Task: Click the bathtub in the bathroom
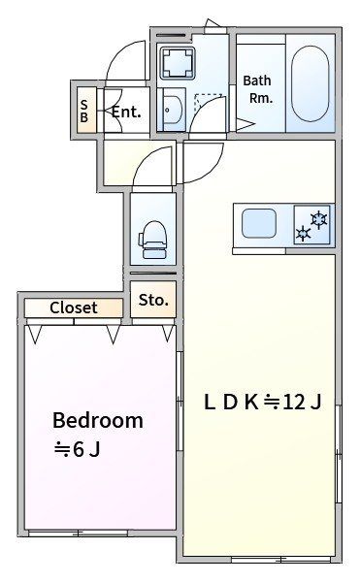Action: click(x=310, y=83)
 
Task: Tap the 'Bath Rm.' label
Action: click(x=257, y=89)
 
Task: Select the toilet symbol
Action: click(x=152, y=239)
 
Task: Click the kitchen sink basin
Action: click(x=259, y=223)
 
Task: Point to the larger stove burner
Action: click(x=318, y=219)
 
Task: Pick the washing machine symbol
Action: click(x=178, y=63)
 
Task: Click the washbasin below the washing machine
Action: click(x=173, y=110)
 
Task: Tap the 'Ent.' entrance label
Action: click(x=126, y=112)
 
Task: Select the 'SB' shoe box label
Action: click(x=84, y=111)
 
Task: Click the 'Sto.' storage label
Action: click(x=153, y=300)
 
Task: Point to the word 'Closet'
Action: click(x=74, y=307)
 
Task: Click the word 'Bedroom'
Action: click(x=98, y=421)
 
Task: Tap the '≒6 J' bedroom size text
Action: click(x=78, y=450)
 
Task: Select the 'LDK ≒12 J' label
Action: click(x=262, y=402)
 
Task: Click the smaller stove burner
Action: click(x=303, y=234)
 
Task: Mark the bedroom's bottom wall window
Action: click(x=78, y=533)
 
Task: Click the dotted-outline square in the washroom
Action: click(x=209, y=102)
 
